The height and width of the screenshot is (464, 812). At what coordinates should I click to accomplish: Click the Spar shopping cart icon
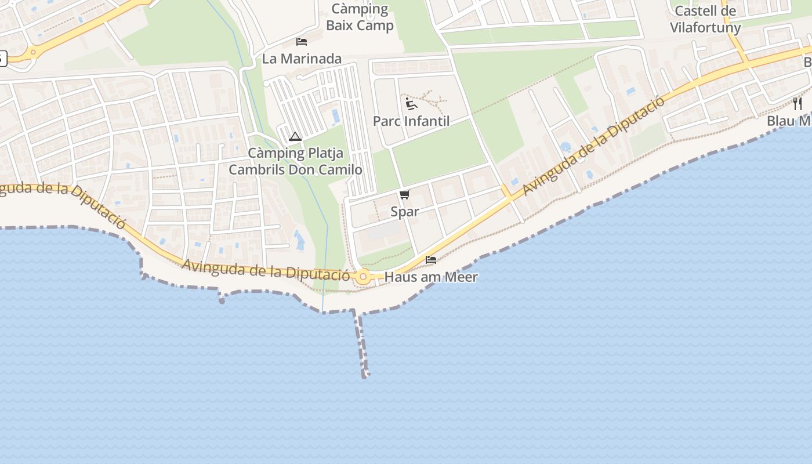coord(405,195)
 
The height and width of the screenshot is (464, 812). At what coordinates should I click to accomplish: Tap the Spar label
coord(405,212)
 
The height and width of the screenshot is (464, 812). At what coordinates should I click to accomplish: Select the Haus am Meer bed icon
coord(431,259)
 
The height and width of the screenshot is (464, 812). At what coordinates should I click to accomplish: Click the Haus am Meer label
coord(431,277)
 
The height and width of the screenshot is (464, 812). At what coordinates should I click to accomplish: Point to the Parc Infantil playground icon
coord(411,104)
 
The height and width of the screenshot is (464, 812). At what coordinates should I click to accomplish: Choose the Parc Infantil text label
coord(411,121)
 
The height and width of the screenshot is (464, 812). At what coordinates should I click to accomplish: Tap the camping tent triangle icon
coord(295,137)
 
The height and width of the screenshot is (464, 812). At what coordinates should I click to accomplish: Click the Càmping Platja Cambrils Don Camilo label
coord(296,161)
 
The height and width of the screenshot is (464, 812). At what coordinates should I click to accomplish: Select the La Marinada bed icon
coord(302,41)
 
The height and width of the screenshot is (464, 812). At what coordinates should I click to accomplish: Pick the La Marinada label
coord(302,59)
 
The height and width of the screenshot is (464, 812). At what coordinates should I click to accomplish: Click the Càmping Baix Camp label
coord(360,17)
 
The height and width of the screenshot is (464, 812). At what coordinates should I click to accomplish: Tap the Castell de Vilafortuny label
coord(705,19)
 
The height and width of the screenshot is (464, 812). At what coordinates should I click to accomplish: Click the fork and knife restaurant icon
coord(797,104)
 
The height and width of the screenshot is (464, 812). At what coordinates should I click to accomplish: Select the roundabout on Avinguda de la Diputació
coord(364,277)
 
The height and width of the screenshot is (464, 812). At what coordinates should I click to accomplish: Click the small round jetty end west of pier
coord(222,300)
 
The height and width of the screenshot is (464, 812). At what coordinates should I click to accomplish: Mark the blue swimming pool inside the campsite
coord(336,116)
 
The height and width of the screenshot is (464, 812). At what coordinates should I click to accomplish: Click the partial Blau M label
coord(789,121)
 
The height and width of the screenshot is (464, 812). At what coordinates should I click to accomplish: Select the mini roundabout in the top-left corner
coord(33,52)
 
